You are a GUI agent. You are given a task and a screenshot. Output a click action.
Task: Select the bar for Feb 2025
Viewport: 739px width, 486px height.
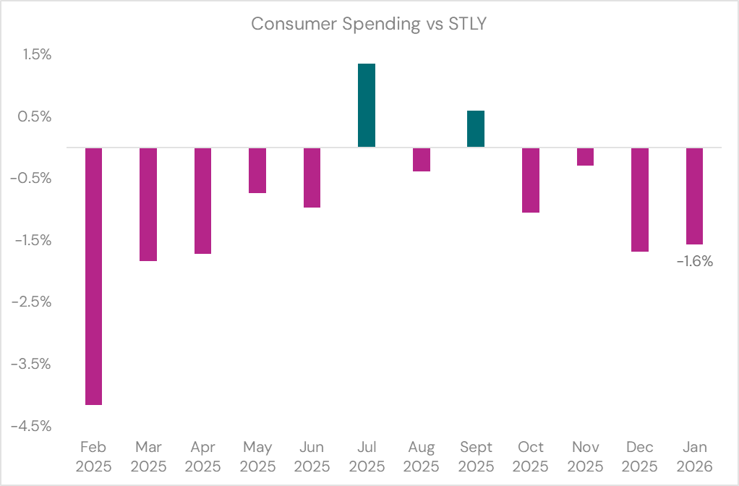94,276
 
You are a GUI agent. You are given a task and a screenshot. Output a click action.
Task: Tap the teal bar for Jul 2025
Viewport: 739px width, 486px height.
367,106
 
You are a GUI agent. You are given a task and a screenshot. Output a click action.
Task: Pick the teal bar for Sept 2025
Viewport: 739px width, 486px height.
476,129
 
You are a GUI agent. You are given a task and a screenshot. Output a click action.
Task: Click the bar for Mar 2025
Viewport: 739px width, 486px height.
148,204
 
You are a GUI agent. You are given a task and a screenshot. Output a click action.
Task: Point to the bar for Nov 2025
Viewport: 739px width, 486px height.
585,157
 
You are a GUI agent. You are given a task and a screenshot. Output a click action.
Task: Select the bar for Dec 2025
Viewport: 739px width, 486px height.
640,200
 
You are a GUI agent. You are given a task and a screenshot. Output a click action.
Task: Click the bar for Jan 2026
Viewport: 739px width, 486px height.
694,196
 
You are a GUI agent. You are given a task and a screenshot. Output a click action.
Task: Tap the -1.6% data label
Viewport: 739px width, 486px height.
695,262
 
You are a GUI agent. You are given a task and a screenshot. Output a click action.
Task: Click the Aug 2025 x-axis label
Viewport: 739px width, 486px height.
421,456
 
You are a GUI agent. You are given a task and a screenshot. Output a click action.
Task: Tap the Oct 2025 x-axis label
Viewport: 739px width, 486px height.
531,456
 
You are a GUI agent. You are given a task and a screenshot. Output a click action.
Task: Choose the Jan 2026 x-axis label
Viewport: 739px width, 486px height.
694,456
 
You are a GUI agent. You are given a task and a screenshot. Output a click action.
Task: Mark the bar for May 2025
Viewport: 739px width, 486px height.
257,171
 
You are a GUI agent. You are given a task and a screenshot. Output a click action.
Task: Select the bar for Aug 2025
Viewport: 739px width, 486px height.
421,160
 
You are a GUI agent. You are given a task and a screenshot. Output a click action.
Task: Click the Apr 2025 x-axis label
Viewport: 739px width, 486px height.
202,456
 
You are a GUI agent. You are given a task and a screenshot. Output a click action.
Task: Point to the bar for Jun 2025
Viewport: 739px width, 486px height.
312,178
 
